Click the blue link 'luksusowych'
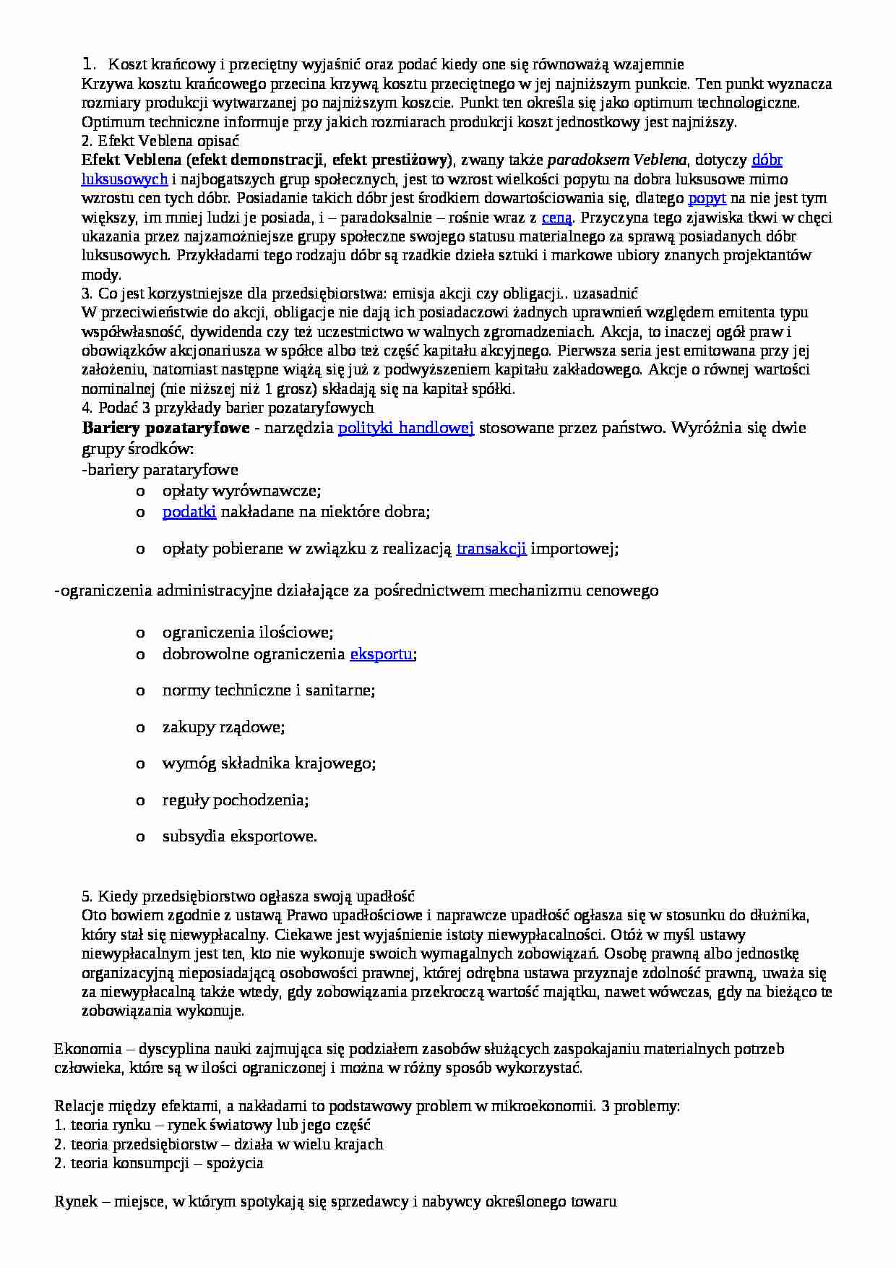coord(125,179)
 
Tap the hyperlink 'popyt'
coord(707,198)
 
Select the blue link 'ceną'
coord(556,217)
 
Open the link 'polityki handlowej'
coord(406,427)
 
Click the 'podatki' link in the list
coord(189,512)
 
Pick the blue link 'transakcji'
coord(491,549)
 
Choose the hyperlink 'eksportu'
coord(382,654)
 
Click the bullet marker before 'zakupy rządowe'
coord(141,727)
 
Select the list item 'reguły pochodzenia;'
coord(236,800)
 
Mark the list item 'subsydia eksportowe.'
coord(240,837)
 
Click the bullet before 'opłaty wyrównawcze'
coord(141,492)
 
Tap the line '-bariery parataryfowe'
coord(160,470)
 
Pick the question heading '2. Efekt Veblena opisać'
coord(160,140)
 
